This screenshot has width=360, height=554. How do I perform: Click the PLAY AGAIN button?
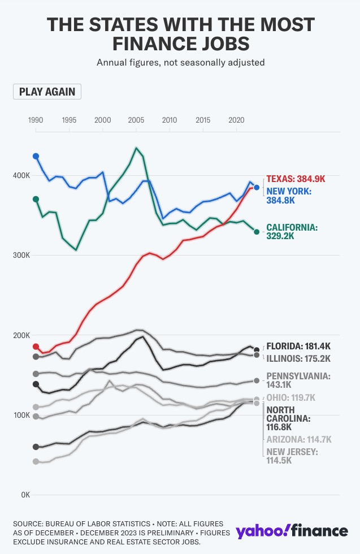pos(47,92)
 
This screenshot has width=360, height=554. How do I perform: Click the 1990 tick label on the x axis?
pos(36,120)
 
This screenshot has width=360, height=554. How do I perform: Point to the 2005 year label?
pos(136,120)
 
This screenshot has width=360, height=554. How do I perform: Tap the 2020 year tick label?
pos(236,120)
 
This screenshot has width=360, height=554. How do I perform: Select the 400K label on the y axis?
pos(21,176)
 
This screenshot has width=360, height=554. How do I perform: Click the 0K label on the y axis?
pos(24,495)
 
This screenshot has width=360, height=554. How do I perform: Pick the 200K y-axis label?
pos(21,336)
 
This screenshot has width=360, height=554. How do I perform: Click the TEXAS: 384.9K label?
pos(296,179)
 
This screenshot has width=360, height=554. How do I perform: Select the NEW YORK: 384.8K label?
pos(289,196)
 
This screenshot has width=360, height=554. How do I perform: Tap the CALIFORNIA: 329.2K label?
pos(292,232)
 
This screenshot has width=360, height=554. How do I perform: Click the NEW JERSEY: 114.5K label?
pos(292,456)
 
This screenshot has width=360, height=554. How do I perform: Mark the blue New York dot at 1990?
pos(36,156)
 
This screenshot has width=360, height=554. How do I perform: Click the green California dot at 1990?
pos(36,199)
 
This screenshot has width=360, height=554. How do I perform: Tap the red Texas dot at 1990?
pos(36,347)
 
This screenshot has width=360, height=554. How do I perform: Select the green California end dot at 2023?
pos(257,232)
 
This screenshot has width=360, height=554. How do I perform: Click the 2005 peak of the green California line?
pos(136,148)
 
